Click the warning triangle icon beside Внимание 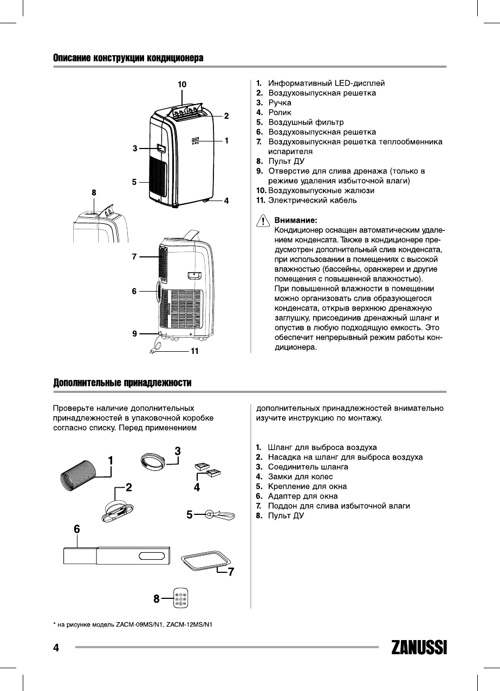263,222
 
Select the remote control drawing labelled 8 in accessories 181,599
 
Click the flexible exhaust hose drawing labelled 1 77,475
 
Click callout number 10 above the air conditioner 182,84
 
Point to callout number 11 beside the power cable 194,352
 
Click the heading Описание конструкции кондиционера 128,58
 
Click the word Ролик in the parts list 280,112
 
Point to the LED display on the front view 196,140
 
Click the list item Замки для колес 297,476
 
